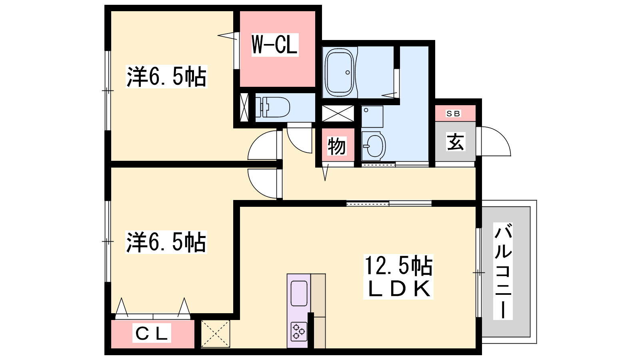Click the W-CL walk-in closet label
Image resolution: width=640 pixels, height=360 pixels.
(275, 45)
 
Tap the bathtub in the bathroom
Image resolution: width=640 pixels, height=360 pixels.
(340, 72)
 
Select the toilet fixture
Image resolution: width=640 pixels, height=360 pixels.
(272, 107)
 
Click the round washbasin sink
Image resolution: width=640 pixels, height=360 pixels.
(374, 146)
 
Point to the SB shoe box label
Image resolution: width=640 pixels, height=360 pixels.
(453, 114)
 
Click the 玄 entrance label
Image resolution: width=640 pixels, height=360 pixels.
(456, 142)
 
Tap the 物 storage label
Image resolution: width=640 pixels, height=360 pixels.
(337, 146)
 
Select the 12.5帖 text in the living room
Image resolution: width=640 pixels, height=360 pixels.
(398, 266)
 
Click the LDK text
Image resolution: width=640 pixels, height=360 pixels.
(398, 288)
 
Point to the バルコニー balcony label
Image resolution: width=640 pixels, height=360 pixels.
(503, 271)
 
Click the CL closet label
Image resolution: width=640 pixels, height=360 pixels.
(152, 333)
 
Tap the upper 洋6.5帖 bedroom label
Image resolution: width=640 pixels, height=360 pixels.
(166, 76)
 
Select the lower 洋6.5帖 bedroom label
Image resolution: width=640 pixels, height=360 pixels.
(166, 242)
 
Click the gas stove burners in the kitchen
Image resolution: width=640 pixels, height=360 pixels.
(299, 332)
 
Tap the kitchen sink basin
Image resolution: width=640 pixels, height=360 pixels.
(299, 294)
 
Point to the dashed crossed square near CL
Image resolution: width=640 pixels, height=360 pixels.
(216, 334)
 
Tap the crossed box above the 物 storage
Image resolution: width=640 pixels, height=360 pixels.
(338, 114)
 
